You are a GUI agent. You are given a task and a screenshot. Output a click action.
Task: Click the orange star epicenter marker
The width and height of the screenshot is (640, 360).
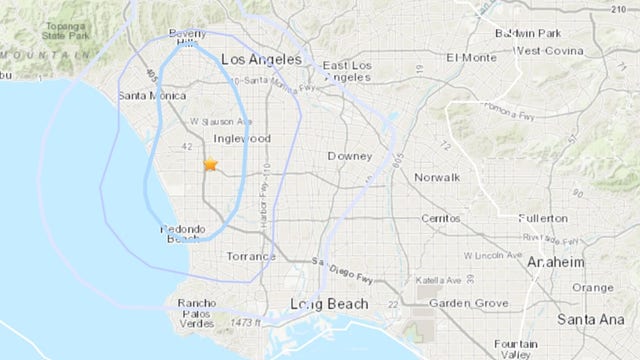pos(210,166)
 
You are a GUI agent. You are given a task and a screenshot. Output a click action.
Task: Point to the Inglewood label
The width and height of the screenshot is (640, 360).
pos(238,139)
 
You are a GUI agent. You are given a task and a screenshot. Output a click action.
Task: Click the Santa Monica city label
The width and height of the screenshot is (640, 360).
pos(152,96)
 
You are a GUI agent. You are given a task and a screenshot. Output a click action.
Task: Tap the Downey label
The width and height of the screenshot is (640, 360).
pos(351,156)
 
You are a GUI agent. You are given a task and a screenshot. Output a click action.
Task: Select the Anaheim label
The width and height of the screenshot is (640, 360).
pos(558,261)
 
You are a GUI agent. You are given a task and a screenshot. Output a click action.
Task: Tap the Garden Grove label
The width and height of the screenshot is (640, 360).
pos(463,303)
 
